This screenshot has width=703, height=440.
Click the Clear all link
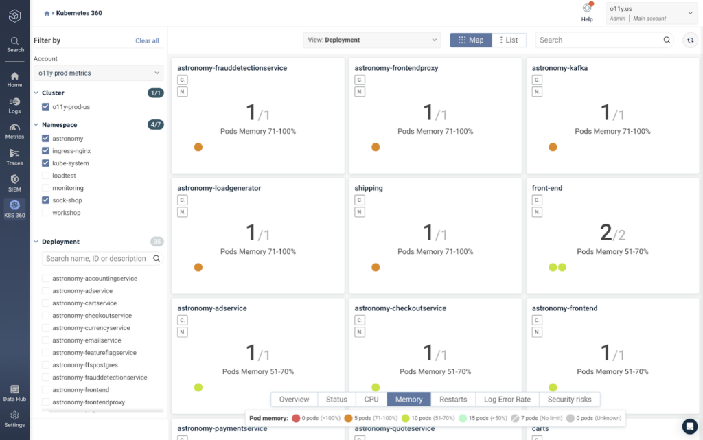147,40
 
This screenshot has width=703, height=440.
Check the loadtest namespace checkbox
45,176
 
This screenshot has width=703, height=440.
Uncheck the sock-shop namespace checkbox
45,200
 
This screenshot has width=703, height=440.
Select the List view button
509,40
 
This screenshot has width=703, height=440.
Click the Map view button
471,40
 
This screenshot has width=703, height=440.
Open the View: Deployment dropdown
371,40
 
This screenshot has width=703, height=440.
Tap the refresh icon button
691,40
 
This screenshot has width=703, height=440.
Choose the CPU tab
371,400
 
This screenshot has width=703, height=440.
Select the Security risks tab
569,400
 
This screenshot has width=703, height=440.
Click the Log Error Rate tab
507,400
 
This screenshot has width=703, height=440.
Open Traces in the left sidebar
14,157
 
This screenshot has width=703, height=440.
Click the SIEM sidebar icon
14,183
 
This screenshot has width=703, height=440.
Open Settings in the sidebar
14,419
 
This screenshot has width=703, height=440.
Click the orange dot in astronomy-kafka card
553,147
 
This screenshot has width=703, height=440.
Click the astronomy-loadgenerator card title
219,188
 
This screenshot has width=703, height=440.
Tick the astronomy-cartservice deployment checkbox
45,303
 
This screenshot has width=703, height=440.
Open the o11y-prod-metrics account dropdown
98,73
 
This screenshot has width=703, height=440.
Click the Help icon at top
587,8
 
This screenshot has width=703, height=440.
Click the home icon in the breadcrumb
47,14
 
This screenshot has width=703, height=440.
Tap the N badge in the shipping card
360,212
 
